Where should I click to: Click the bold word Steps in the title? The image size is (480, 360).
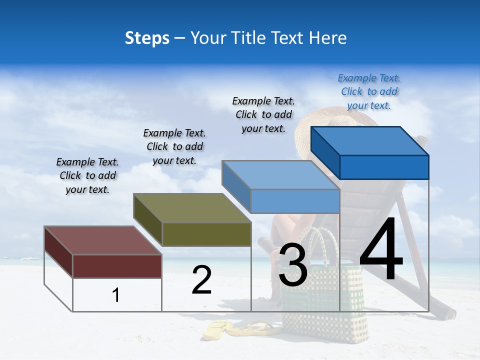pos(147,38)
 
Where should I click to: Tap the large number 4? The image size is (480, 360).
pos(381,250)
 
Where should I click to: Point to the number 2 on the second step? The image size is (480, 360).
pos(202,280)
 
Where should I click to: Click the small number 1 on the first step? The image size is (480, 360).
pos(116,295)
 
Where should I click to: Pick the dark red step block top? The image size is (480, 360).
pos(97,240)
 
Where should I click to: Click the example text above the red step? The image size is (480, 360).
pos(87,175)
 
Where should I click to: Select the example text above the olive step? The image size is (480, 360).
pos(174,146)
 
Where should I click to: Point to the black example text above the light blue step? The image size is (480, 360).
pos(263,114)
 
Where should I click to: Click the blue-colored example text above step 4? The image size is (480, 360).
pos(369,91)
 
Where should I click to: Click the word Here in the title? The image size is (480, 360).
pos(328,38)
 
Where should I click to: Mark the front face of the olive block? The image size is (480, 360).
pos(206,234)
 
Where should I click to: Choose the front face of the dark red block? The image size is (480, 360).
pos(117,266)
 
